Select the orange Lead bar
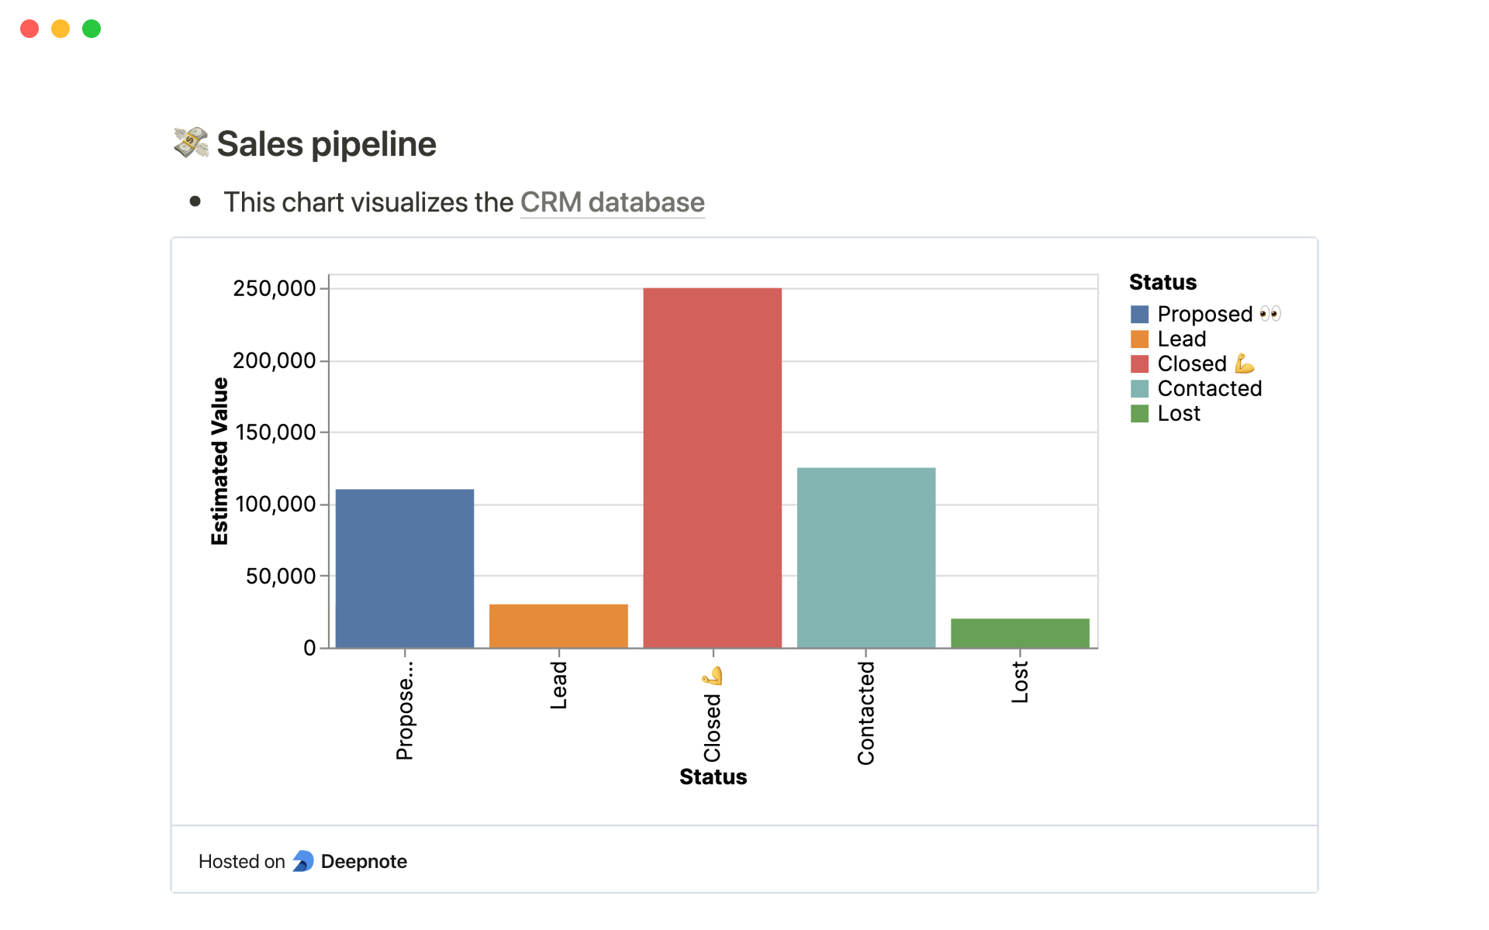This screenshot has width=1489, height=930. pyautogui.click(x=558, y=626)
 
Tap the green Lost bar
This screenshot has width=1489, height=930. pyautogui.click(x=1020, y=633)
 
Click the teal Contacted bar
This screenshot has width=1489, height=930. pyautogui.click(x=866, y=557)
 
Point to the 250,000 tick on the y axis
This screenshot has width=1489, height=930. pyautogui.click(x=275, y=289)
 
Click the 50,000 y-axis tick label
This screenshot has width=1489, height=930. pyautogui.click(x=281, y=577)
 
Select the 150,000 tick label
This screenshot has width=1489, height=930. pyautogui.click(x=275, y=432)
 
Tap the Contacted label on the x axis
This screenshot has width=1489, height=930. pyautogui.click(x=865, y=713)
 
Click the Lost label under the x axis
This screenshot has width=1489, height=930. pyautogui.click(x=1020, y=683)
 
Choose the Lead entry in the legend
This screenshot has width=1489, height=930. pyautogui.click(x=1181, y=339)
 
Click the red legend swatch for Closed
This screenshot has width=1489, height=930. pyautogui.click(x=1139, y=364)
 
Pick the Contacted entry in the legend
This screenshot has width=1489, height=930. pyautogui.click(x=1209, y=389)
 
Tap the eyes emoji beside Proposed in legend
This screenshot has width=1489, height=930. pyautogui.click(x=1270, y=314)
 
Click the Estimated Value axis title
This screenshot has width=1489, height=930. pyautogui.click(x=220, y=461)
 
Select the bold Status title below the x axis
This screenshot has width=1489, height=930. pyautogui.click(x=713, y=777)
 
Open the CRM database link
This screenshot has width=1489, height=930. pyautogui.click(x=612, y=203)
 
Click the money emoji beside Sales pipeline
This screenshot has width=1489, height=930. pyautogui.click(x=191, y=143)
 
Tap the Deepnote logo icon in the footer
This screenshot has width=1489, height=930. pyautogui.click(x=303, y=861)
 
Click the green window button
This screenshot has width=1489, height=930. pyautogui.click(x=92, y=29)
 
